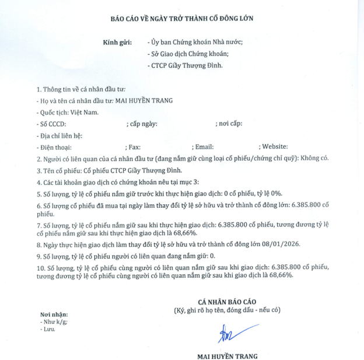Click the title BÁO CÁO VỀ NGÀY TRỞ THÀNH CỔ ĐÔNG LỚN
tap(182, 18)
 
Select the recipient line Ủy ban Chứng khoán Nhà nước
tap(196, 43)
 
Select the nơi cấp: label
tap(229, 124)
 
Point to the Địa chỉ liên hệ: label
tap(59, 135)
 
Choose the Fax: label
tap(133, 147)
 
